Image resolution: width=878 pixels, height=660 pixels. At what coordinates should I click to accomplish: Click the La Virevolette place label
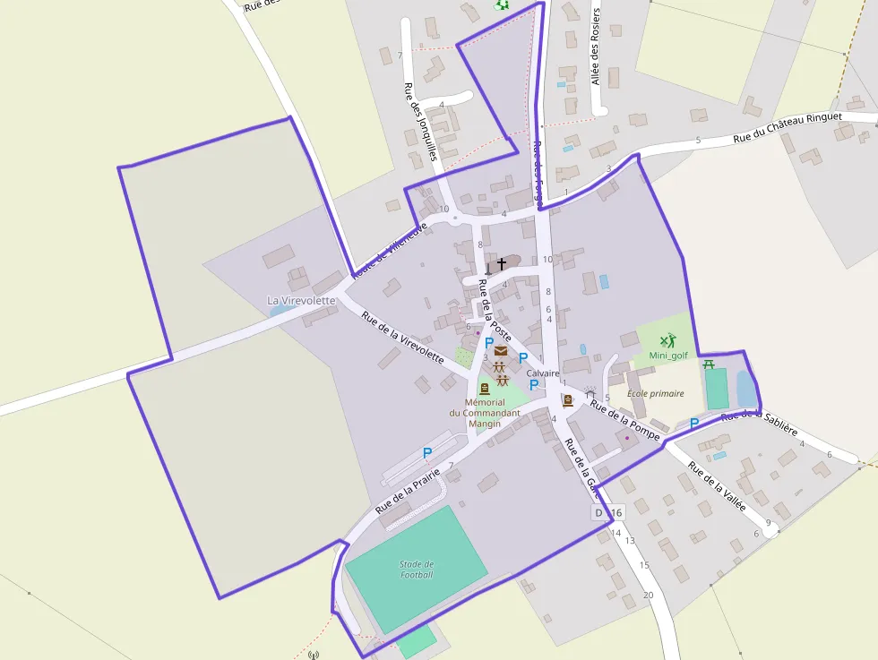301,301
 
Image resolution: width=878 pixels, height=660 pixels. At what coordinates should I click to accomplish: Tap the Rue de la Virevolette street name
402,336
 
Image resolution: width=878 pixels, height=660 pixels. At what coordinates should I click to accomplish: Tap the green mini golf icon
667,341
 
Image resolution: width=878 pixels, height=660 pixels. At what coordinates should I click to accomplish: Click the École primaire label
655,393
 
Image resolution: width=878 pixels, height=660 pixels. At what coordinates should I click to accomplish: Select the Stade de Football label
417,569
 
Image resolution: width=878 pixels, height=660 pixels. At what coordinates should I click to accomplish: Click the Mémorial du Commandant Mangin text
486,413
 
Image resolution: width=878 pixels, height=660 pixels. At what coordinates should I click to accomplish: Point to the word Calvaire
543,373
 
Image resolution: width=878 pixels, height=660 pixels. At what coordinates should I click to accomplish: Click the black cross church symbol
502,264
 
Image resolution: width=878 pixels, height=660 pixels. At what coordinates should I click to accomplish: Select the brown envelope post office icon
501,350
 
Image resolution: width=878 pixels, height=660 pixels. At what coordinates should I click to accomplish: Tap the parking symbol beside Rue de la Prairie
427,453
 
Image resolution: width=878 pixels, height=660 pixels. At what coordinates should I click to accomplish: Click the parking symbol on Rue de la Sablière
694,423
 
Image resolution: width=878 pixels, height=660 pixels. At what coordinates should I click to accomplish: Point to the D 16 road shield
607,513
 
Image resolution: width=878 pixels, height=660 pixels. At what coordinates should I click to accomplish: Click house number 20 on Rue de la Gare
649,595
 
